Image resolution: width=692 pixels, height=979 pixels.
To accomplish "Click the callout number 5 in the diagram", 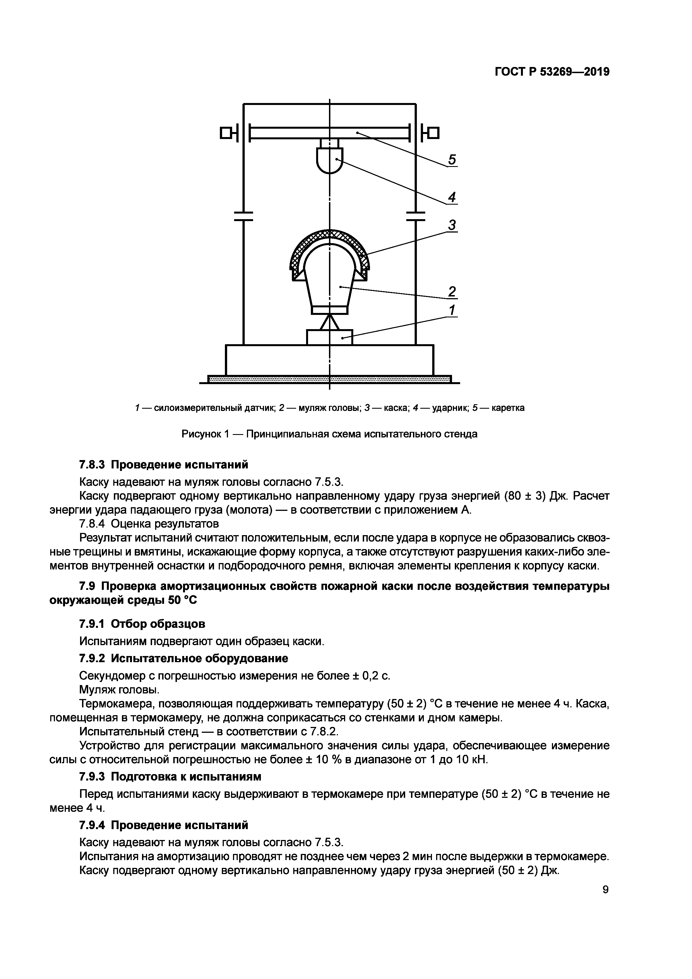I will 452,159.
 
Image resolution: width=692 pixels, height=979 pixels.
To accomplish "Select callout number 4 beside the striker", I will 452,197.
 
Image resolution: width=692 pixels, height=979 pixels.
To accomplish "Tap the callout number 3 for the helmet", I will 452,225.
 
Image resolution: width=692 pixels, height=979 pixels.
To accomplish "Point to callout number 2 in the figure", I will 452,292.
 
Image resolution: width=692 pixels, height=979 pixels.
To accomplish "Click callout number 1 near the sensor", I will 452,310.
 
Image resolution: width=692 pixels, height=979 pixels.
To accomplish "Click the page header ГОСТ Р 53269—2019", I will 552,72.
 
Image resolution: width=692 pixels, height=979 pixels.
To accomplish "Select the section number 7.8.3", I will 93,464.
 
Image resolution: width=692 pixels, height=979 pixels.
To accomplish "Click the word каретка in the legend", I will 508,408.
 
